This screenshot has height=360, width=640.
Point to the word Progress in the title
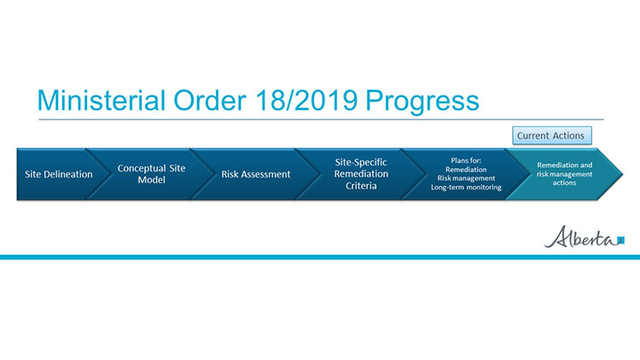click(x=422, y=101)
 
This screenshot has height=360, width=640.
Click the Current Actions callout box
click(x=552, y=135)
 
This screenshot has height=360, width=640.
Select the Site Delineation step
click(x=58, y=174)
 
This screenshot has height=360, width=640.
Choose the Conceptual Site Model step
click(x=151, y=174)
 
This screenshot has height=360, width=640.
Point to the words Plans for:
click(x=467, y=160)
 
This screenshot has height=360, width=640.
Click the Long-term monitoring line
click(x=467, y=187)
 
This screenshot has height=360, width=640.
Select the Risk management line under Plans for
click(x=467, y=177)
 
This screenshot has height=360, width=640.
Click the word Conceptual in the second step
click(x=151, y=168)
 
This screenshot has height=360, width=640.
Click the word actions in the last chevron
click(x=564, y=183)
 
